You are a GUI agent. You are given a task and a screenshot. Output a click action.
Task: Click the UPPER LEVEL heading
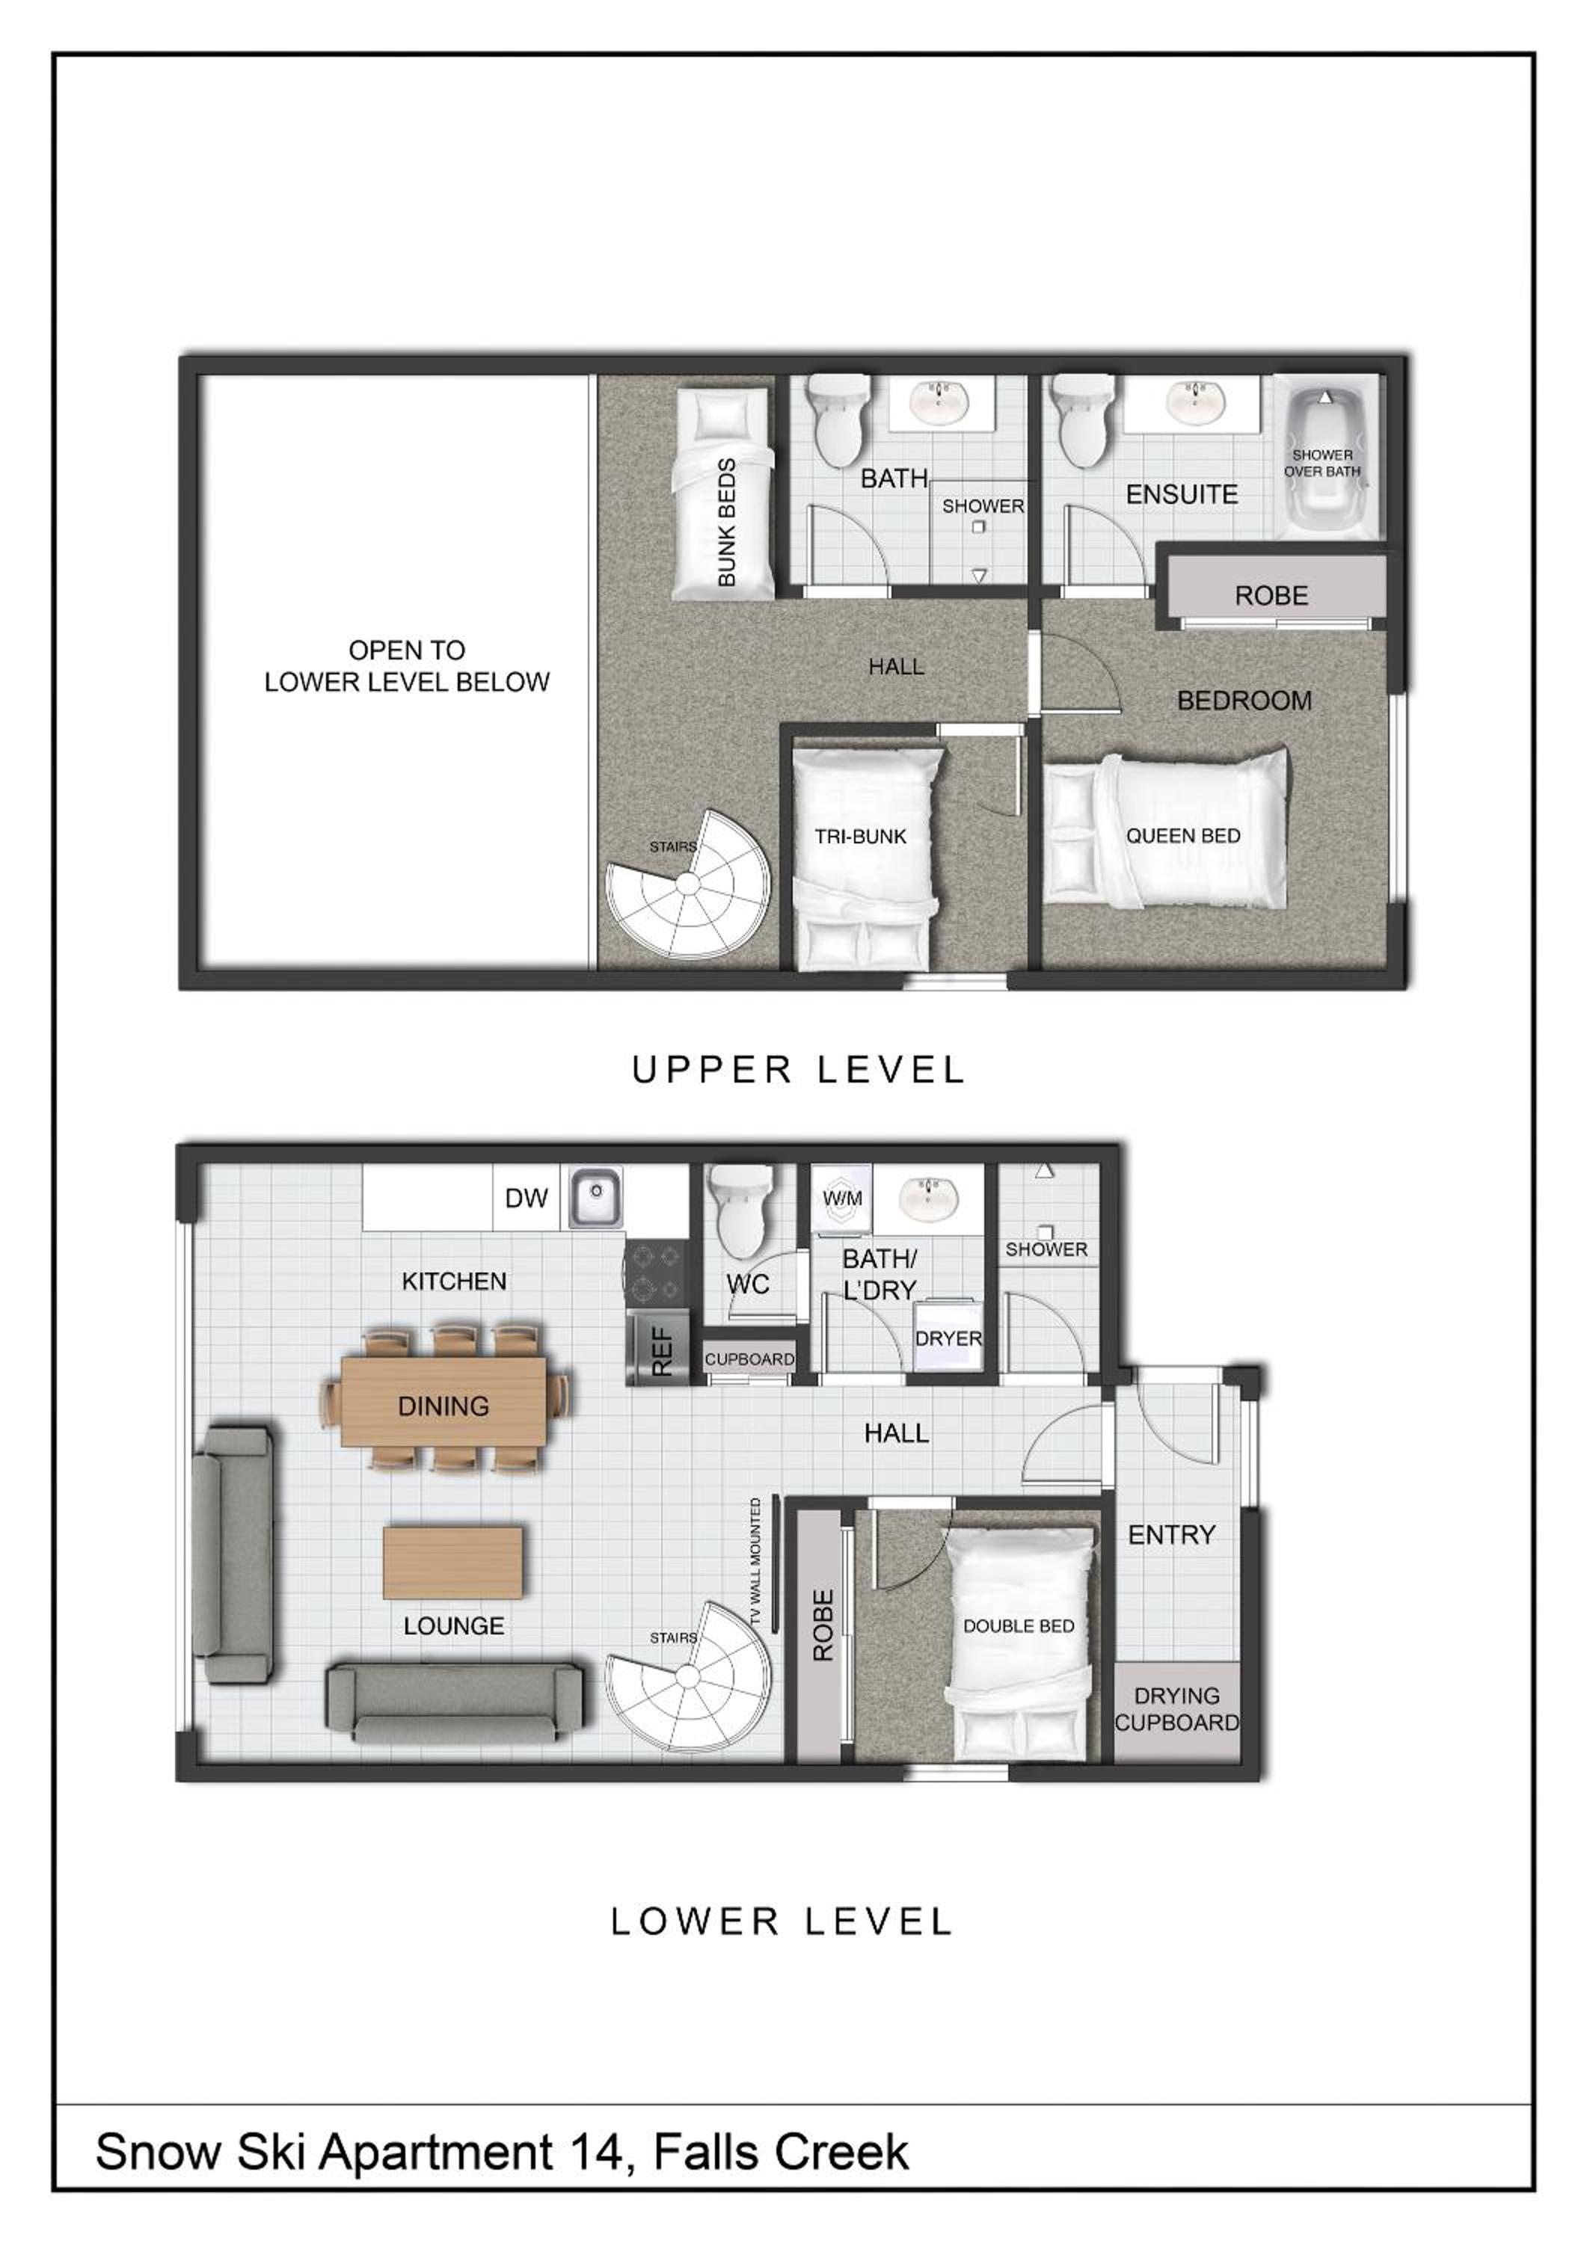[799, 1070]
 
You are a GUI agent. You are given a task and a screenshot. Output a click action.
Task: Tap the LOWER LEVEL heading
[782, 1922]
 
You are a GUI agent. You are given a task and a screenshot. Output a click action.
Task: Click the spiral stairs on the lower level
[688, 1676]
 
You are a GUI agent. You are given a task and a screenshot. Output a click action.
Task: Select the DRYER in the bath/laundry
[947, 1335]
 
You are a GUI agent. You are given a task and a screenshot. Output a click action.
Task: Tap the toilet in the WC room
[743, 1211]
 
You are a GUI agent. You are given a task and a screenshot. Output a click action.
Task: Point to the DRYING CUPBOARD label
[1176, 1708]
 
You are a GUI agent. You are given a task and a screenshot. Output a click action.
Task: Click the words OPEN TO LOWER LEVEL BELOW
[407, 665]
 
